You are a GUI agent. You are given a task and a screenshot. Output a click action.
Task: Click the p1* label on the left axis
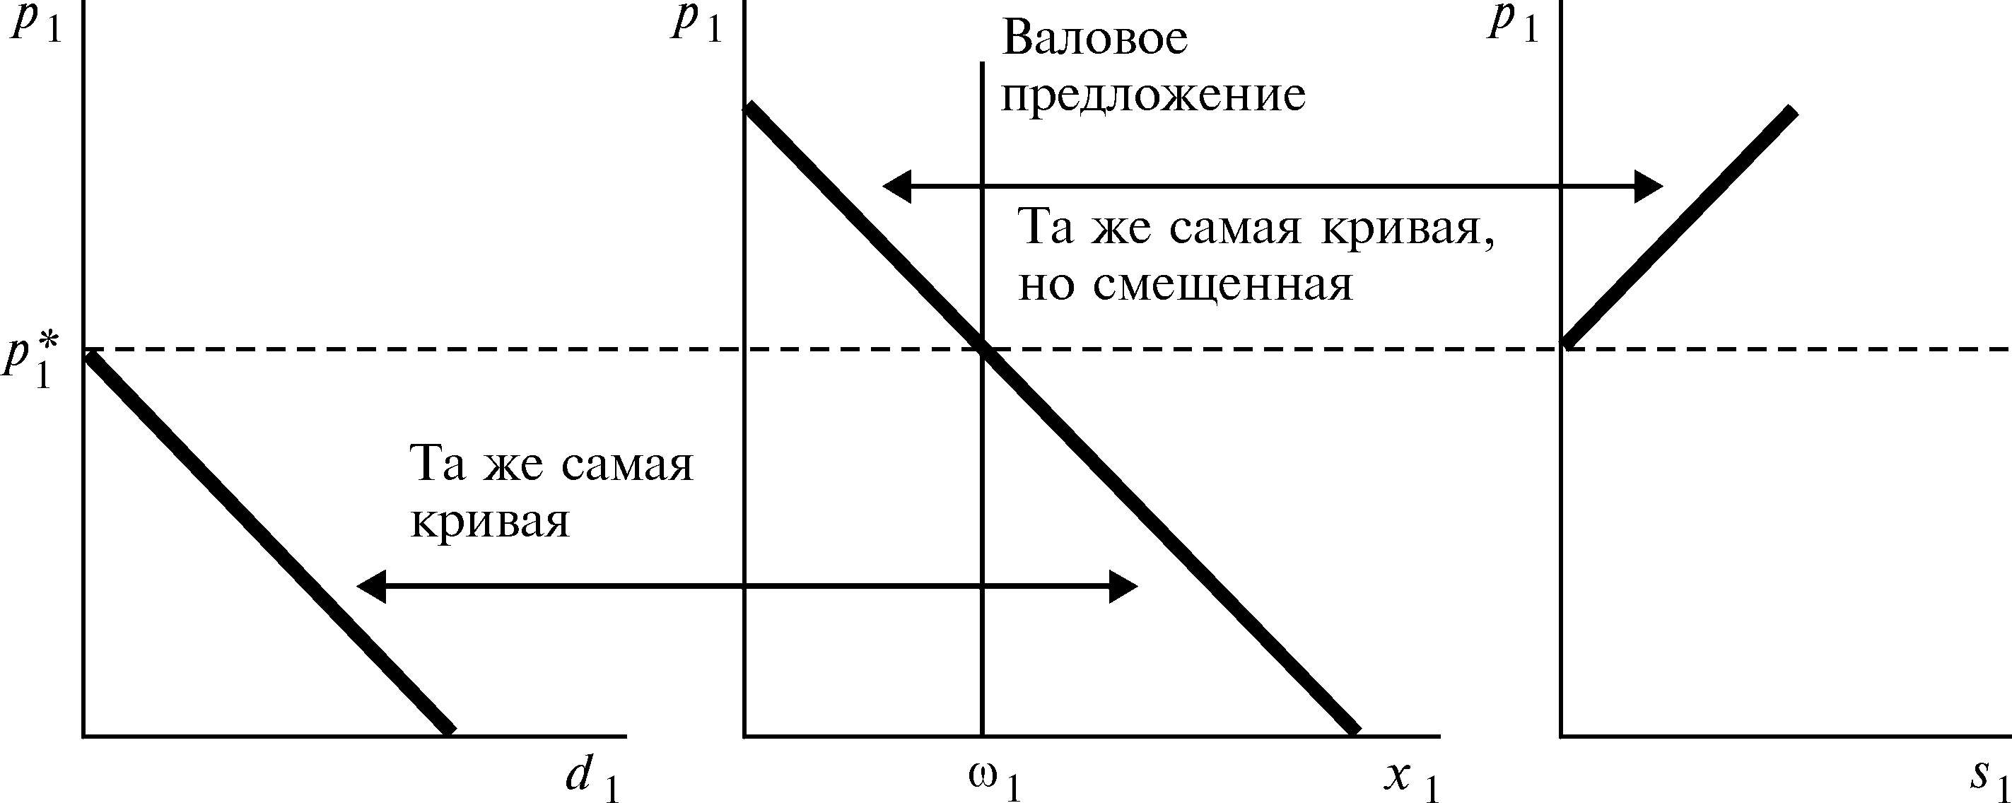30,363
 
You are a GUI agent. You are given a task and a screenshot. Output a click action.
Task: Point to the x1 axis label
1410,778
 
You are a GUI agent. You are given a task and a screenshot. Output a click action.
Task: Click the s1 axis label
1987,778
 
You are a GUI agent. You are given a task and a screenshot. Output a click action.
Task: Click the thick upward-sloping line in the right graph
1679,226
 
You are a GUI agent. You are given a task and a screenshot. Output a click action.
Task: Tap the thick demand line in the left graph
266,543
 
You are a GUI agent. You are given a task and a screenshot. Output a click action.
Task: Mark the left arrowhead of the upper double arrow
896,187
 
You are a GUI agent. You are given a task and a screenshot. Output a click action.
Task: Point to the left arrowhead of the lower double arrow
371,587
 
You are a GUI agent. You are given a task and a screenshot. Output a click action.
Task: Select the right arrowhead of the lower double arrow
1124,587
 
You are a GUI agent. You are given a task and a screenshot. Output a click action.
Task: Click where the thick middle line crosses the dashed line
983,348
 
